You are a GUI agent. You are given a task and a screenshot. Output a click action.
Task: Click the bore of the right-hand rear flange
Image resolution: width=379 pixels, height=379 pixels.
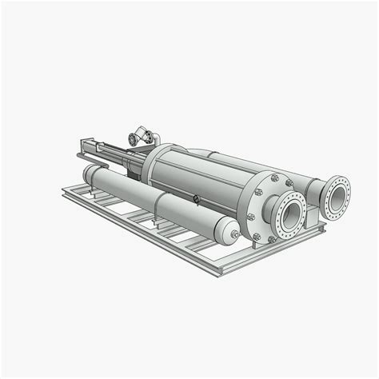pyautogui.click(x=337, y=195)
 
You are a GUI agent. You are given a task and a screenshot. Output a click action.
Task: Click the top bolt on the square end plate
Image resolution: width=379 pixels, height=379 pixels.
pyautogui.click(x=274, y=178)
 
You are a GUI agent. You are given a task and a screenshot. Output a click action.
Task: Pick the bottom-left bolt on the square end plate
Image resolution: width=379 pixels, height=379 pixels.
pyautogui.click(x=256, y=237)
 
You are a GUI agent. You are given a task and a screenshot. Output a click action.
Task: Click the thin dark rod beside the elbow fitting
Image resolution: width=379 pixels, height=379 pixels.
pyautogui.click(x=120, y=148)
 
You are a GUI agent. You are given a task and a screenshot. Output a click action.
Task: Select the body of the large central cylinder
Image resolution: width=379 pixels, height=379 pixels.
pyautogui.click(x=200, y=180)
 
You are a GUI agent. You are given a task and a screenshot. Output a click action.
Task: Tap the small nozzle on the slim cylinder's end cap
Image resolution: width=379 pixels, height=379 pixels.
pyautogui.click(x=235, y=234)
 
